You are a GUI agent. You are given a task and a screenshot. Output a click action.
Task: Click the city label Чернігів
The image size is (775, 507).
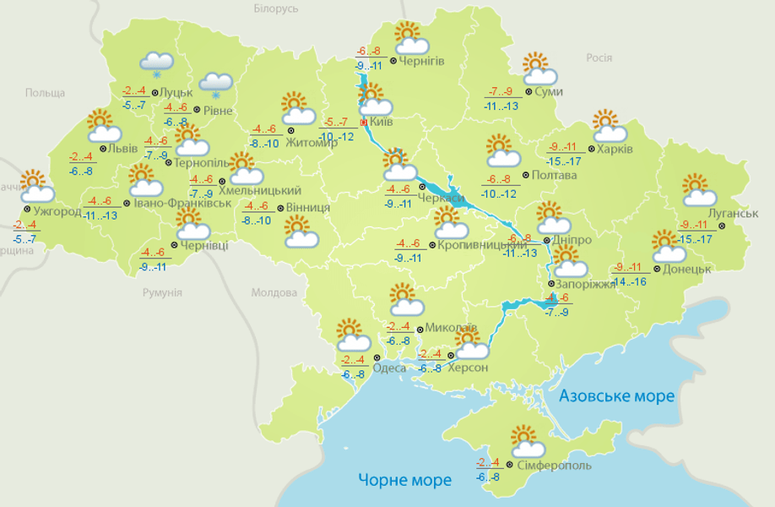click(421, 61)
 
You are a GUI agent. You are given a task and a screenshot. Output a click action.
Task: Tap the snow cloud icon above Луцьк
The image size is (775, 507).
click(156, 63)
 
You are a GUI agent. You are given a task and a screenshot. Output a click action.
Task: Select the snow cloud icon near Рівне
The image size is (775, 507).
click(215, 84)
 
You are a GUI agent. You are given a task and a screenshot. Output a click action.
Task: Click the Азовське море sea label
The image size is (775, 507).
click(617, 395)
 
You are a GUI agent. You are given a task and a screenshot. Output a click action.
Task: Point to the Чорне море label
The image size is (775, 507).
click(404, 480)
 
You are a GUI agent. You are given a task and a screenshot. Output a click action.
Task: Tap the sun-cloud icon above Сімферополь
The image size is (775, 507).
click(527, 440)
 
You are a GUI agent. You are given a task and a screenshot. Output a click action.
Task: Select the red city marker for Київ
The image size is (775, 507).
click(364, 123)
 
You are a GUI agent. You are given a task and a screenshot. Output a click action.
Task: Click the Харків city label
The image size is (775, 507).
click(615, 150)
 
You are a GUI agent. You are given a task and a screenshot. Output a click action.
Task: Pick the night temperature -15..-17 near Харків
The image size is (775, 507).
click(564, 161)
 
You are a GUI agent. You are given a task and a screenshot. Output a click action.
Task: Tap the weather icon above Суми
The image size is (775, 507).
click(536, 68)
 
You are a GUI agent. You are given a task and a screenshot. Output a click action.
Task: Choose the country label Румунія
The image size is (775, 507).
click(162, 292)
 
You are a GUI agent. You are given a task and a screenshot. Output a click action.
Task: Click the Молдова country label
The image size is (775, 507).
click(274, 292)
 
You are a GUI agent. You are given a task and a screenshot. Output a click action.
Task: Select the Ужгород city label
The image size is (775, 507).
click(58, 210)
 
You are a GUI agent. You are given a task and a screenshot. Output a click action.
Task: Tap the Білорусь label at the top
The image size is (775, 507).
click(276, 8)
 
